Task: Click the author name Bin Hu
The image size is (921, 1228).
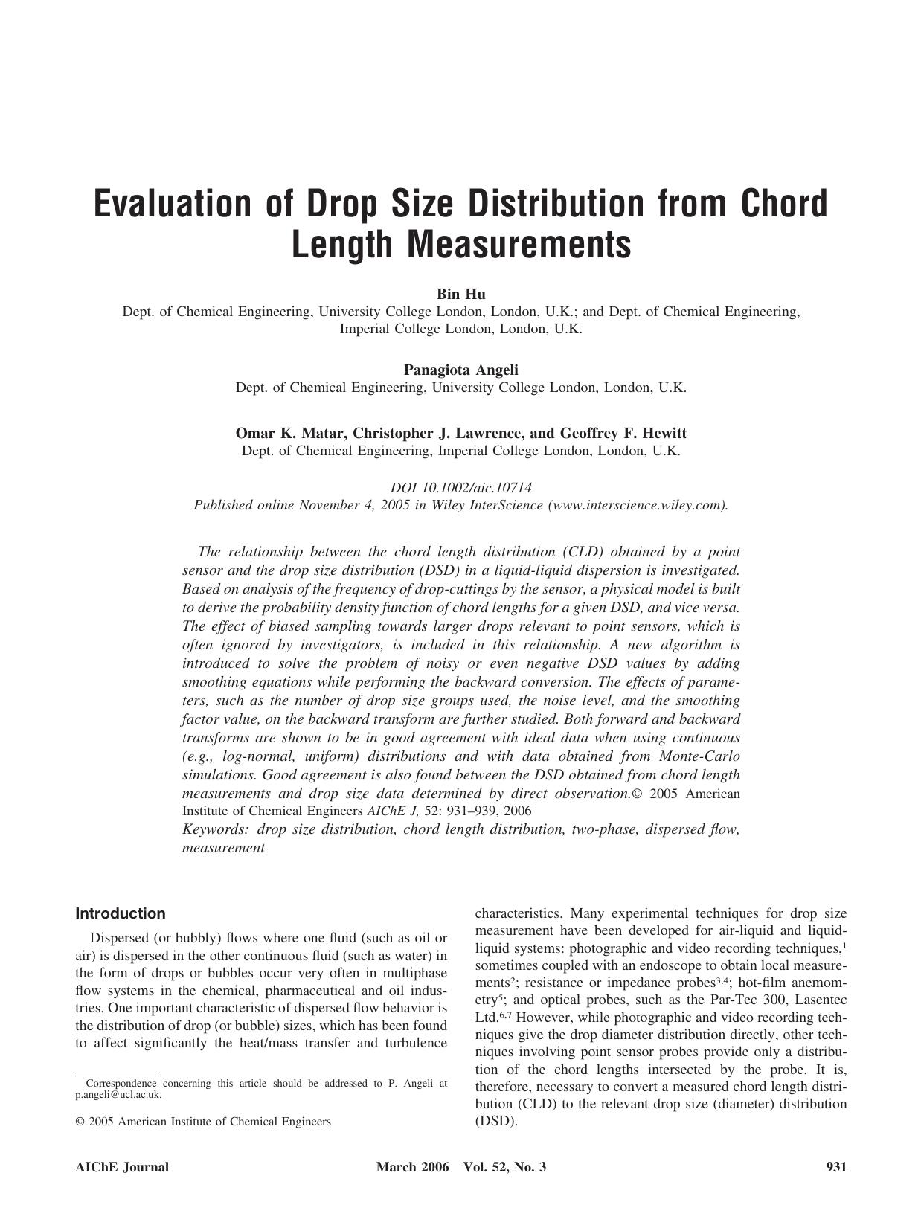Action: point(460,294)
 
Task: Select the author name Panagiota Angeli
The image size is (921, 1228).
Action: point(460,370)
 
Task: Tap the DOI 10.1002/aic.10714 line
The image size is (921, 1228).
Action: point(460,488)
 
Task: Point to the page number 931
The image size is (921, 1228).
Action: point(836,1167)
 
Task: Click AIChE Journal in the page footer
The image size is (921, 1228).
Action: point(122,1167)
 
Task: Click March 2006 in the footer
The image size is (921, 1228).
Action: point(412,1167)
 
